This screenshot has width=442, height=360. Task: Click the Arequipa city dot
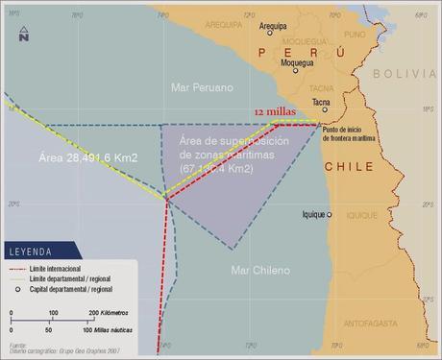(269, 33)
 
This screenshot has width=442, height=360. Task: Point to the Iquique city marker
(330, 214)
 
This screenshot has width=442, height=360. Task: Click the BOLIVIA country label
(405, 73)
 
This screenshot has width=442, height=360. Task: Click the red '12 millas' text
(274, 112)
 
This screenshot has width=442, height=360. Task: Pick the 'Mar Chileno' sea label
(259, 271)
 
